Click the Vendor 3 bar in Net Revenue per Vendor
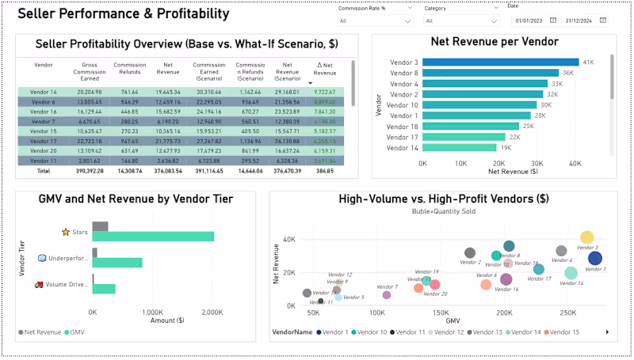coord(501,62)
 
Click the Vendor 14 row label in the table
coord(43,92)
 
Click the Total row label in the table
coord(43,170)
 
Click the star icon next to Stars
coord(66,232)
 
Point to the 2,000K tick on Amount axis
coord(212,312)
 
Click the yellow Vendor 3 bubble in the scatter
coord(587,237)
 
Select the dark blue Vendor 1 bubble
coord(595,258)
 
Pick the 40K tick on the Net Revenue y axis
coord(289,238)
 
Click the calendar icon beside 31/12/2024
coord(603,20)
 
